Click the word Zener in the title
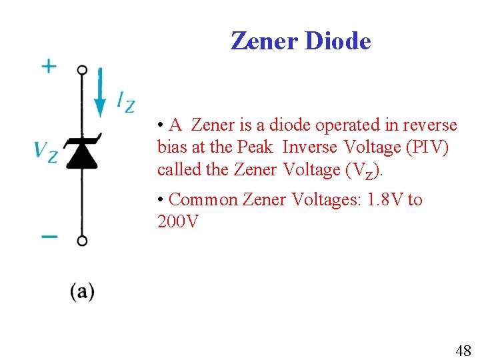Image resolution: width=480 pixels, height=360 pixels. pyautogui.click(x=265, y=41)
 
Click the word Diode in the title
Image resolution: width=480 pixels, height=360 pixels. pyautogui.click(x=338, y=41)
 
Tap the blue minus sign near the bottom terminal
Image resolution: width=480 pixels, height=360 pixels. pyautogui.click(x=49, y=235)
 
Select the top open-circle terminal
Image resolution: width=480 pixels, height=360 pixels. pyautogui.click(x=82, y=70)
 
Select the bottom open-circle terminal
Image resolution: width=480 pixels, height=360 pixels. pyautogui.click(x=82, y=241)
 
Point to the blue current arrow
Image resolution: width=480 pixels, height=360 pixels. pyautogui.click(x=100, y=93)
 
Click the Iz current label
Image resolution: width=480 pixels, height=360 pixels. pyautogui.click(x=125, y=101)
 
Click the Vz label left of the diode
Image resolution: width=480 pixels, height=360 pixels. pyautogui.click(x=46, y=151)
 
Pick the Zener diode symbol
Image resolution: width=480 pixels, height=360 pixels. pyautogui.click(x=82, y=151)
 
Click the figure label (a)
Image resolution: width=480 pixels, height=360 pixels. pyautogui.click(x=82, y=291)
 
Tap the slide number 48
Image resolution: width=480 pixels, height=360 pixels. pyautogui.click(x=463, y=350)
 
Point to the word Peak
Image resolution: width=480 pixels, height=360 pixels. pyautogui.click(x=255, y=147)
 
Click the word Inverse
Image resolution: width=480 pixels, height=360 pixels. pyautogui.click(x=311, y=147)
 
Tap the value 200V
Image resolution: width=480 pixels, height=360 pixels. pyautogui.click(x=177, y=222)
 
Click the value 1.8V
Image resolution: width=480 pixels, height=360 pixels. pyautogui.click(x=385, y=200)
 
